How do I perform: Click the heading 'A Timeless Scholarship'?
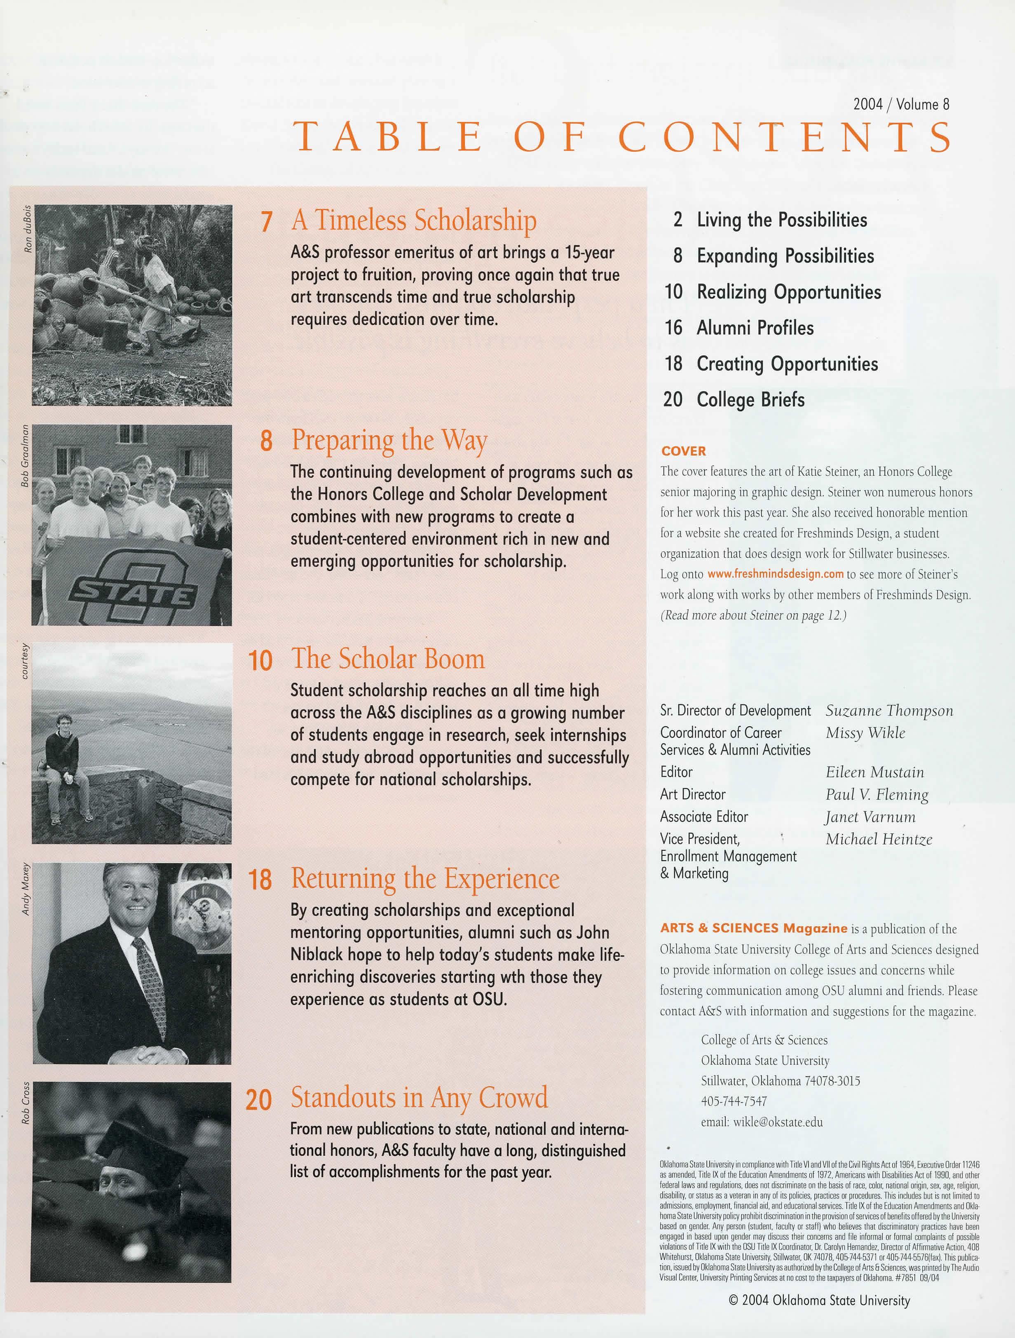pyautogui.click(x=413, y=221)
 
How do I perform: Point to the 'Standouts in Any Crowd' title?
pyautogui.click(x=419, y=1098)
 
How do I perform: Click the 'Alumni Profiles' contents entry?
pyautogui.click(x=755, y=328)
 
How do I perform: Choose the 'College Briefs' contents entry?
pyautogui.click(x=750, y=400)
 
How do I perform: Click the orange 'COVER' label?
pyautogui.click(x=684, y=451)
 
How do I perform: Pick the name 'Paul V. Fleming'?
pyautogui.click(x=877, y=795)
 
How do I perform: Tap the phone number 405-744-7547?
pyautogui.click(x=734, y=1101)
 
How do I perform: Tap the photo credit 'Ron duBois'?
pyautogui.click(x=27, y=230)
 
